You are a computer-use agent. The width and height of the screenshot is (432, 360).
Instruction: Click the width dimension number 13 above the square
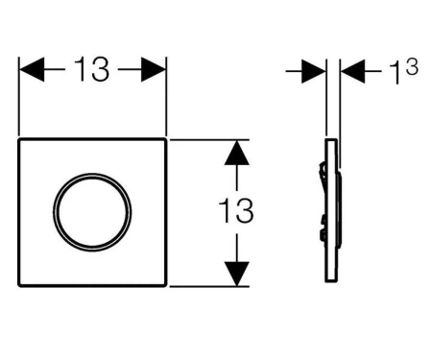[x=92, y=69]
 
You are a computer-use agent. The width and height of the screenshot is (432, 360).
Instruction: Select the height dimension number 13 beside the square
[x=236, y=210]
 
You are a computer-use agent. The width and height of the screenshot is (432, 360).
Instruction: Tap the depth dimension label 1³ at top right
[x=404, y=70]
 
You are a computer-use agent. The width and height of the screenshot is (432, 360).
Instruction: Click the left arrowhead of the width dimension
[x=32, y=69]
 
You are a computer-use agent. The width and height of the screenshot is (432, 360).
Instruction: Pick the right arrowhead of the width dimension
[x=154, y=69]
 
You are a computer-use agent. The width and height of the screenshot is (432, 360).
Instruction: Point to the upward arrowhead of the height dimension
[x=237, y=153]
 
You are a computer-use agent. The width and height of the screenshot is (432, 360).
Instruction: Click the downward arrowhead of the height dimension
[x=237, y=274]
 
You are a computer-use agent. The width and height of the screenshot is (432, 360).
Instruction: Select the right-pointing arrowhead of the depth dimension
[x=314, y=71]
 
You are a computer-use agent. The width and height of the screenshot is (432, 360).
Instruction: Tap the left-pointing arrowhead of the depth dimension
[x=352, y=71]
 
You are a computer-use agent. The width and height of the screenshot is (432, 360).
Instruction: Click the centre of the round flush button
[x=92, y=212]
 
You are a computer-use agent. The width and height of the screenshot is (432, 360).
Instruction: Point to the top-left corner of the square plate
[x=19, y=139]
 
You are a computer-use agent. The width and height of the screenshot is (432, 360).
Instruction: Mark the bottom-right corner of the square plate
[x=166, y=285]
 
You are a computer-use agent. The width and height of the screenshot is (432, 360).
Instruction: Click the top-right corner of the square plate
[x=166, y=139]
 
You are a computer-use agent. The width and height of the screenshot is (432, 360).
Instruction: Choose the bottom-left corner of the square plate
[x=19, y=285]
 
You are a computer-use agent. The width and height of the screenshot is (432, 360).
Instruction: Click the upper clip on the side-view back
[x=323, y=170]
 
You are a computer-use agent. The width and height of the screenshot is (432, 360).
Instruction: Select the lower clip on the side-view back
[x=323, y=228]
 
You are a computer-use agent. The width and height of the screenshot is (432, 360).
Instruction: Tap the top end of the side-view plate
[x=331, y=140]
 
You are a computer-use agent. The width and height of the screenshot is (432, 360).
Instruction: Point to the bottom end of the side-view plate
[x=331, y=281]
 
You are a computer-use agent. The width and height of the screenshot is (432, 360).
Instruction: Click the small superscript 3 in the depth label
[x=412, y=66]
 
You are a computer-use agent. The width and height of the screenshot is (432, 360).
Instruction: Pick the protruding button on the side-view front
[x=339, y=212]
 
